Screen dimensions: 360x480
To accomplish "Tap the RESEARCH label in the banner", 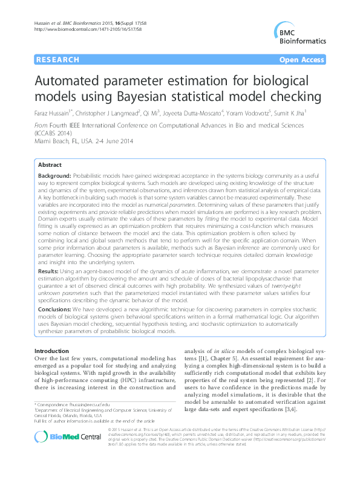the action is (x=58, y=60).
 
